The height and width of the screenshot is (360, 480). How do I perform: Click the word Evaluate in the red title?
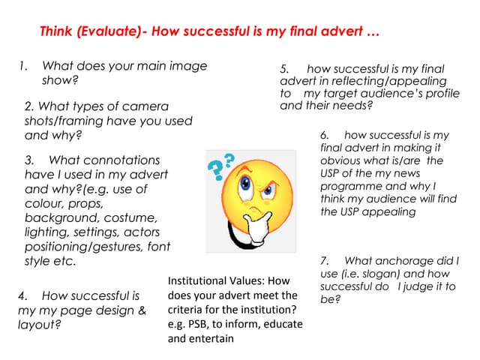pyautogui.click(x=111, y=33)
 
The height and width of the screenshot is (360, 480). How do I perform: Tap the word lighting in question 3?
pyautogui.click(x=46, y=232)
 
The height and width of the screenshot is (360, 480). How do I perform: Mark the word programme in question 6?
pyautogui.click(x=352, y=186)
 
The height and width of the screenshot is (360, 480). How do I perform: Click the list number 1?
pyautogui.click(x=22, y=66)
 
